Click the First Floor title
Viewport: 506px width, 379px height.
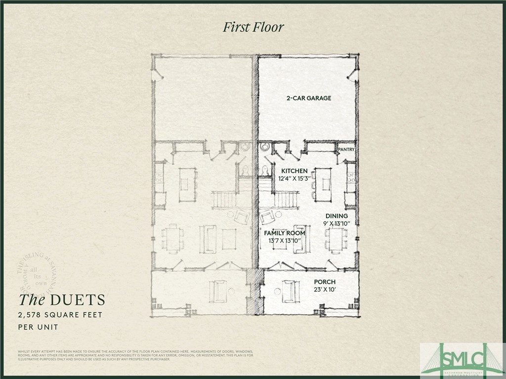pos(253,27)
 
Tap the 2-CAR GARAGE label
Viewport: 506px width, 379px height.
pos(308,98)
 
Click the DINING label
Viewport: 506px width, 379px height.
pos(337,216)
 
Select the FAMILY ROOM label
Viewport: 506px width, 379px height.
pos(284,233)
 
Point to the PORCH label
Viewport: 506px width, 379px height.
pos(325,282)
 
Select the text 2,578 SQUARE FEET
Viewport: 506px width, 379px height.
pos(60,315)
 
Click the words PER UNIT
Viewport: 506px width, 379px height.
pos(38,327)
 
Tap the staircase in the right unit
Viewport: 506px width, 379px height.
pos(286,200)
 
